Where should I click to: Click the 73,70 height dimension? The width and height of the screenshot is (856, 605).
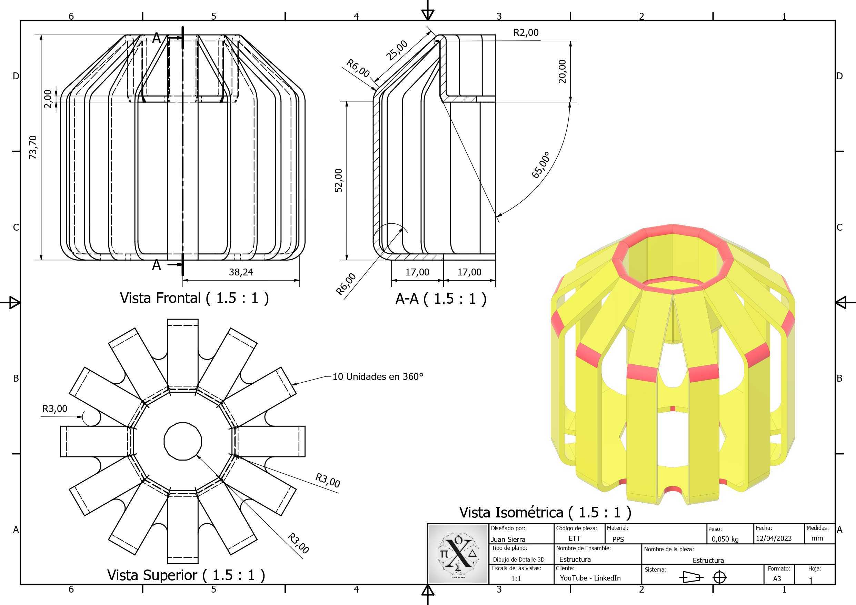[33, 147]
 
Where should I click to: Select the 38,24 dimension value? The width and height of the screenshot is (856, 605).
[241, 272]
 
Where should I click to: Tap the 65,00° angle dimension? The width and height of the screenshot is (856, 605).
[541, 165]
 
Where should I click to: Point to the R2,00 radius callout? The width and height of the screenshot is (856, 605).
[526, 32]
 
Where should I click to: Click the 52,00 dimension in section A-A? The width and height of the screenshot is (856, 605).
[339, 180]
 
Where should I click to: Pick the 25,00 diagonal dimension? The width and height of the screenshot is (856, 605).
[397, 50]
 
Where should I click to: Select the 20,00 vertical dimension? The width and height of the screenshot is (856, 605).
[562, 71]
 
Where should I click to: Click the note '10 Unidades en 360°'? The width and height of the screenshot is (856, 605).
[378, 376]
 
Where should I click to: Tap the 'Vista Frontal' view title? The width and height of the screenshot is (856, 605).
[194, 298]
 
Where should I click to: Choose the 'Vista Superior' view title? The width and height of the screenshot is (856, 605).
[186, 575]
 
